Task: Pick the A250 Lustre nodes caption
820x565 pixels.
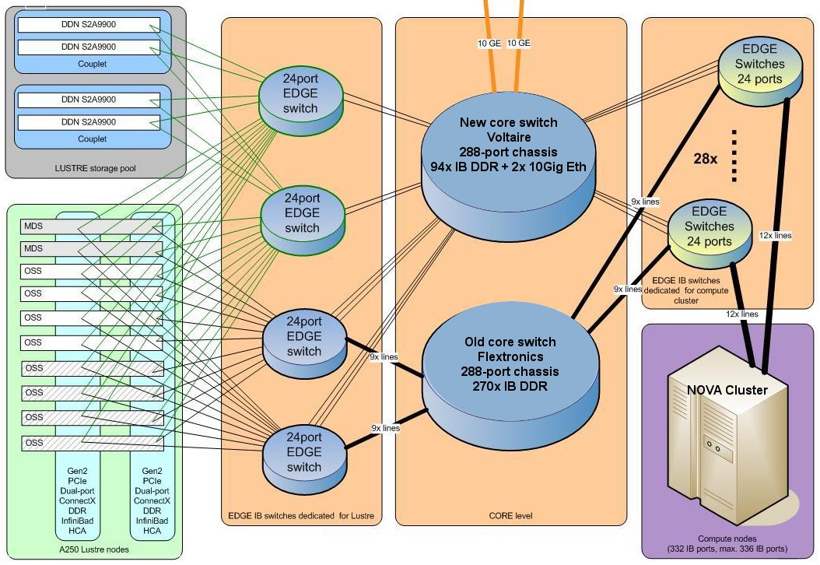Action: pyautogui.click(x=93, y=550)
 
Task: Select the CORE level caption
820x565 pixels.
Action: pyautogui.click(x=510, y=515)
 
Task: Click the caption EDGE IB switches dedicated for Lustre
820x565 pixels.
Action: pyautogui.click(x=302, y=515)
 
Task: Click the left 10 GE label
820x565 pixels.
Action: pyautogui.click(x=489, y=44)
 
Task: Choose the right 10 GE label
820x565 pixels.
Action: pyautogui.click(x=518, y=44)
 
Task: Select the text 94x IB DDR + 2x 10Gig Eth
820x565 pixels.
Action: pyautogui.click(x=509, y=167)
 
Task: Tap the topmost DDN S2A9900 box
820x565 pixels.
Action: pyautogui.click(x=89, y=25)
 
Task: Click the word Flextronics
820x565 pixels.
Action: pyautogui.click(x=509, y=356)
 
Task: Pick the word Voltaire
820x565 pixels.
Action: pyautogui.click(x=509, y=137)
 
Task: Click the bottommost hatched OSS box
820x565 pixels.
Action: pyautogui.click(x=92, y=444)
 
